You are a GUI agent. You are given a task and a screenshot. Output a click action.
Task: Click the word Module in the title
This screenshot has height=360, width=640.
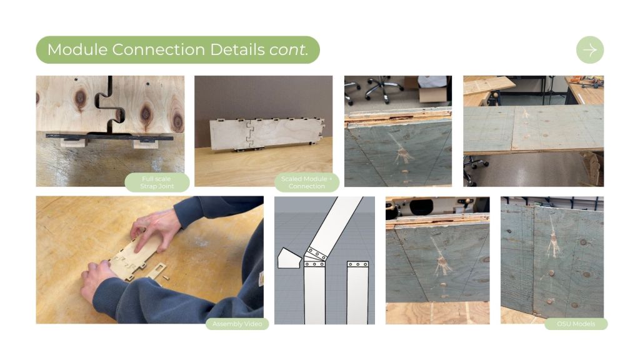tap(77, 50)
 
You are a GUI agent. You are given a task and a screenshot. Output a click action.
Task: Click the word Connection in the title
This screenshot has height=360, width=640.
tap(158, 50)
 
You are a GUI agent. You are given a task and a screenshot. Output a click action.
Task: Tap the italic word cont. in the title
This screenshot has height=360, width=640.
tap(288, 50)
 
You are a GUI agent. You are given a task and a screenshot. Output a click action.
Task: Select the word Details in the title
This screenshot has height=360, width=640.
tap(237, 50)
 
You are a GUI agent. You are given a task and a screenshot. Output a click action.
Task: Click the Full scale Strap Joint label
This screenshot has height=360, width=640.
tap(157, 182)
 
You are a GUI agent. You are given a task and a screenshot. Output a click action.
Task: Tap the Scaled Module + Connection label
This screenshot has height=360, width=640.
tap(307, 182)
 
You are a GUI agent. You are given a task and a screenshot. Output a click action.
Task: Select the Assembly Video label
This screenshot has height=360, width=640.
tap(237, 324)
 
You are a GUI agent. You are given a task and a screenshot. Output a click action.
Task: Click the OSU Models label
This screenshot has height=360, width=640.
tap(576, 324)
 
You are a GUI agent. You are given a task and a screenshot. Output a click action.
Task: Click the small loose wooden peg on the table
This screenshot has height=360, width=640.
tap(166, 277)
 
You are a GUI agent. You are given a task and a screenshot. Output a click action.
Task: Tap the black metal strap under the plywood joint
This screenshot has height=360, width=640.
tap(109, 137)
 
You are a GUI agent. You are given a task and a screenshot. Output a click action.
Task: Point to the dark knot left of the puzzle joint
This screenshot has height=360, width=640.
tap(81, 98)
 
